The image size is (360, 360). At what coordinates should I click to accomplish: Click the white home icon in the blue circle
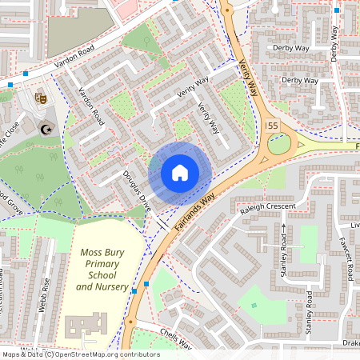pyautogui.click(x=180, y=173)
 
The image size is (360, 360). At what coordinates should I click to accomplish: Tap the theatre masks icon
pyautogui.click(x=42, y=97)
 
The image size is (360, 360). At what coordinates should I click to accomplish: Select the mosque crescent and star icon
pyautogui.click(x=46, y=128)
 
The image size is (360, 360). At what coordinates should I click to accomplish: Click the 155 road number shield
pyautogui.click(x=271, y=126)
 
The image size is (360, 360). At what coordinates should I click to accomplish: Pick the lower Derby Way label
pyautogui.click(x=300, y=80)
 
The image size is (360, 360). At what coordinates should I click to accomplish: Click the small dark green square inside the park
pyautogui.click(x=254, y=305)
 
